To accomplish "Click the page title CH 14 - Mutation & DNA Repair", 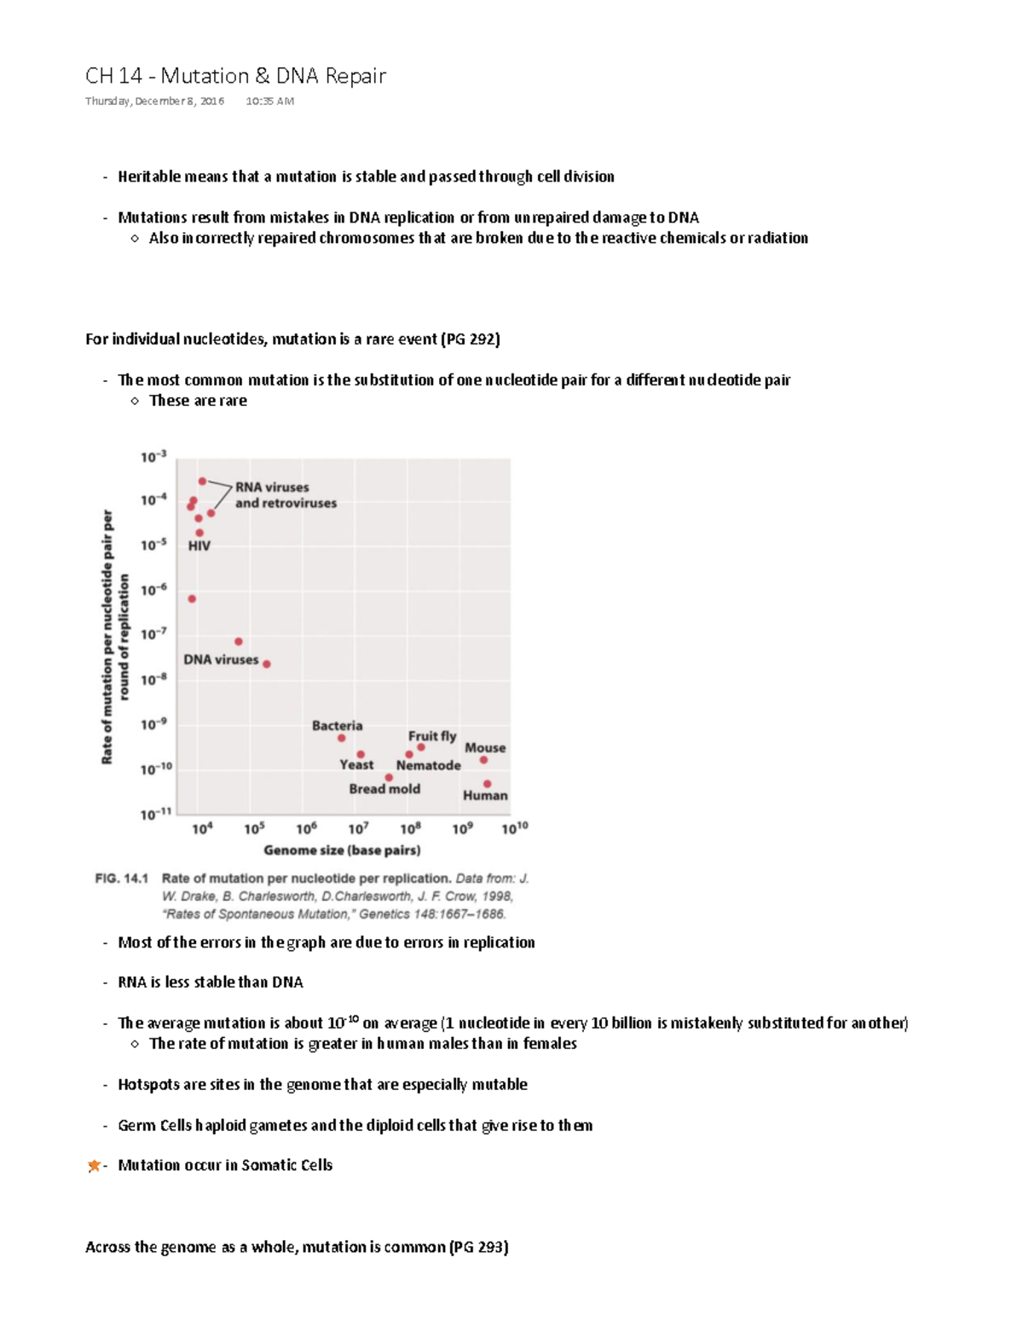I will pyautogui.click(x=235, y=76).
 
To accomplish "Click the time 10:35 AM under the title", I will pyautogui.click(x=269, y=101).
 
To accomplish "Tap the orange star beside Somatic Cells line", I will pyautogui.click(x=94, y=1166).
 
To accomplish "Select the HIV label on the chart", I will pyautogui.click(x=199, y=546).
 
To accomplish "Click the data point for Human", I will pyautogui.click(x=488, y=784).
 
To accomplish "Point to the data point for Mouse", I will pyautogui.click(x=483, y=760).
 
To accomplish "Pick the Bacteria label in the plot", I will pyautogui.click(x=337, y=726).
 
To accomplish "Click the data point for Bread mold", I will pyautogui.click(x=389, y=778).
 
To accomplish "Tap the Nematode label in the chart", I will pyautogui.click(x=428, y=765).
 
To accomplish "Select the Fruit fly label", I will pyautogui.click(x=431, y=736).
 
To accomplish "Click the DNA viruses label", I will pyautogui.click(x=221, y=659).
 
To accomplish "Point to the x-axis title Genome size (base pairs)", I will pyautogui.click(x=342, y=850).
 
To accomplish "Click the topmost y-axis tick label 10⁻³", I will pyautogui.click(x=153, y=457).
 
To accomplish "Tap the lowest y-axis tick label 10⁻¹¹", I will pyautogui.click(x=155, y=814).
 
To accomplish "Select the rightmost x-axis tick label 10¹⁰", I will pyautogui.click(x=514, y=828).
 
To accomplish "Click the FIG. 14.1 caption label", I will pyautogui.click(x=122, y=878).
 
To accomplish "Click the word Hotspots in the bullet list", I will pyautogui.click(x=148, y=1085).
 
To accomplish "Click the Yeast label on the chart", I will pyautogui.click(x=356, y=765).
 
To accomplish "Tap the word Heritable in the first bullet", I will pyautogui.click(x=149, y=177).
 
